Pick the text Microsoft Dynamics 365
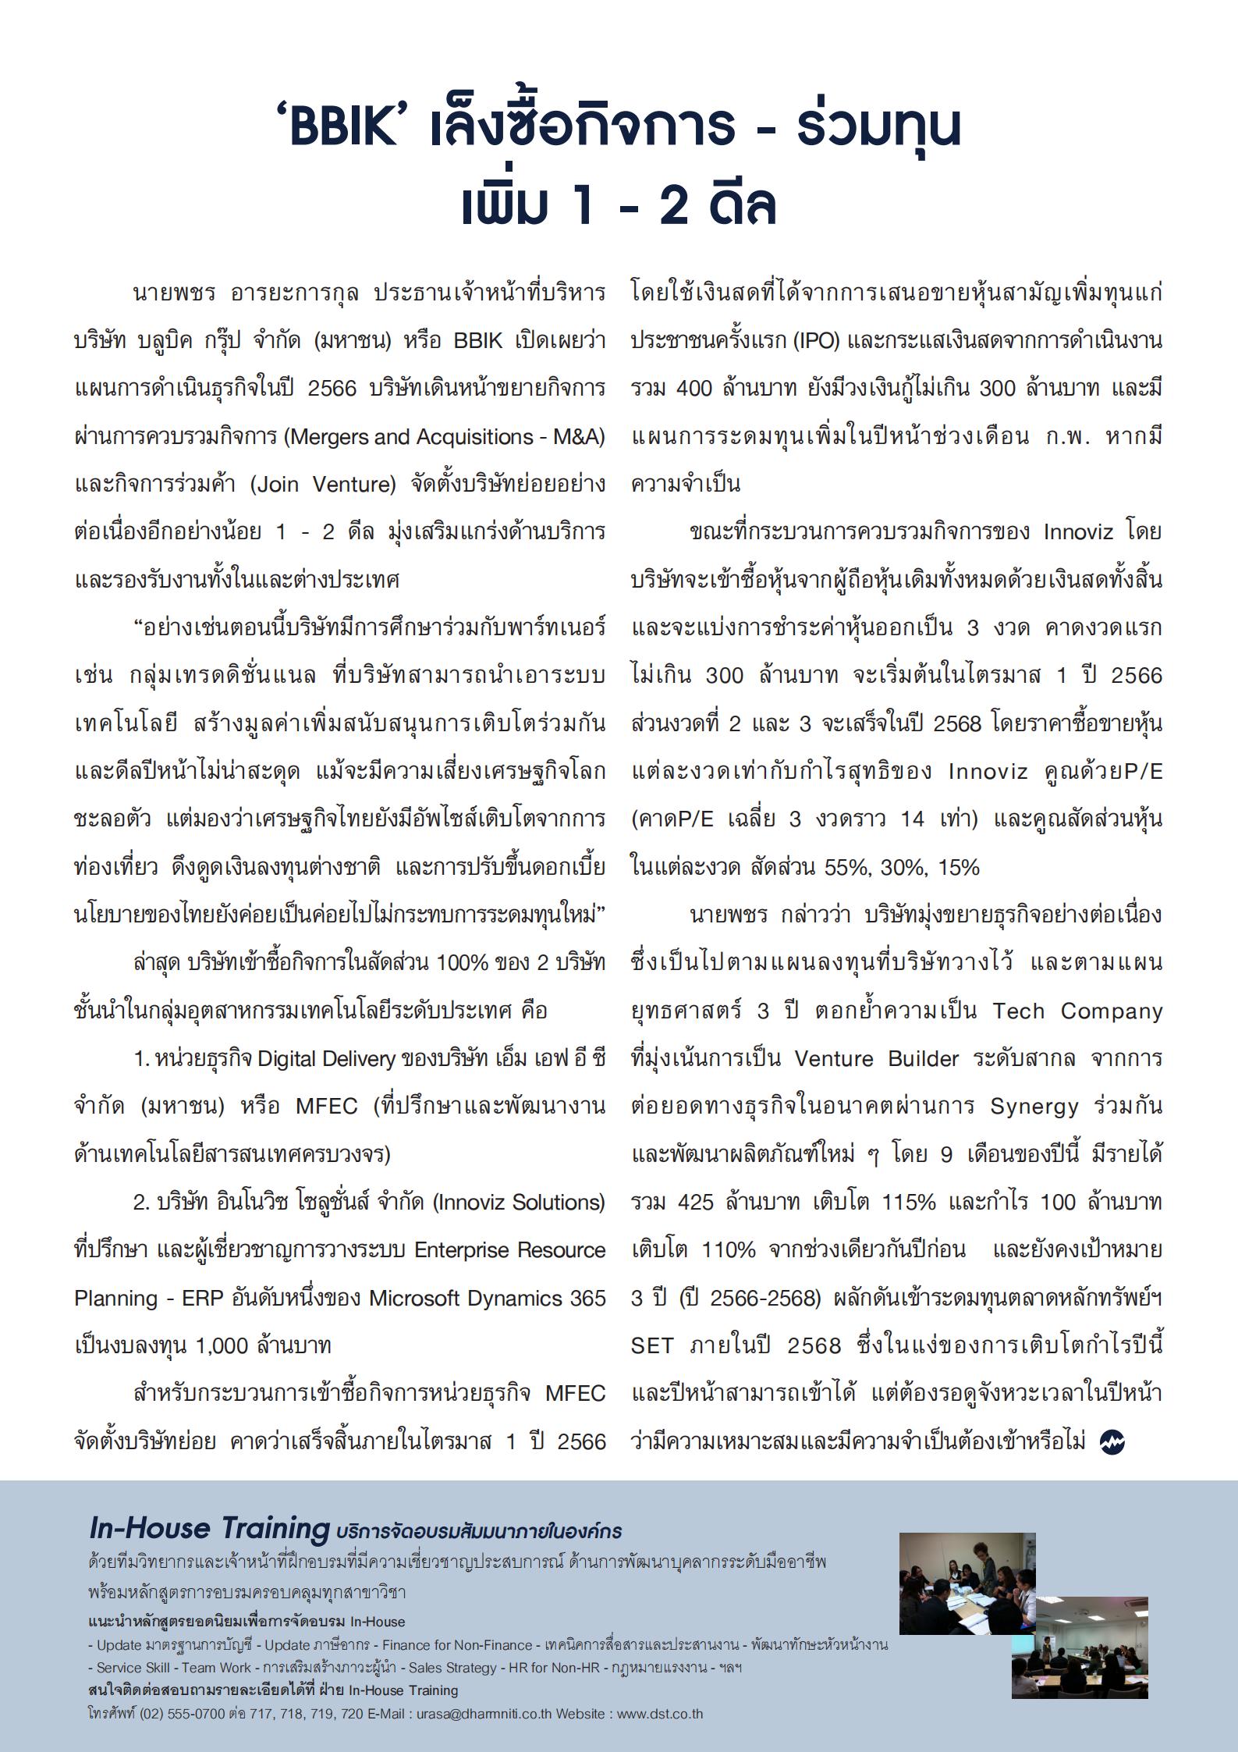(487, 1299)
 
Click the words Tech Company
(1077, 1011)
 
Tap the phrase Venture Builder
(876, 1059)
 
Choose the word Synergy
(1034, 1107)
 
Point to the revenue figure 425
(696, 1203)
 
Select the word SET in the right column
(651, 1346)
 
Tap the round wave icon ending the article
(1112, 1442)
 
